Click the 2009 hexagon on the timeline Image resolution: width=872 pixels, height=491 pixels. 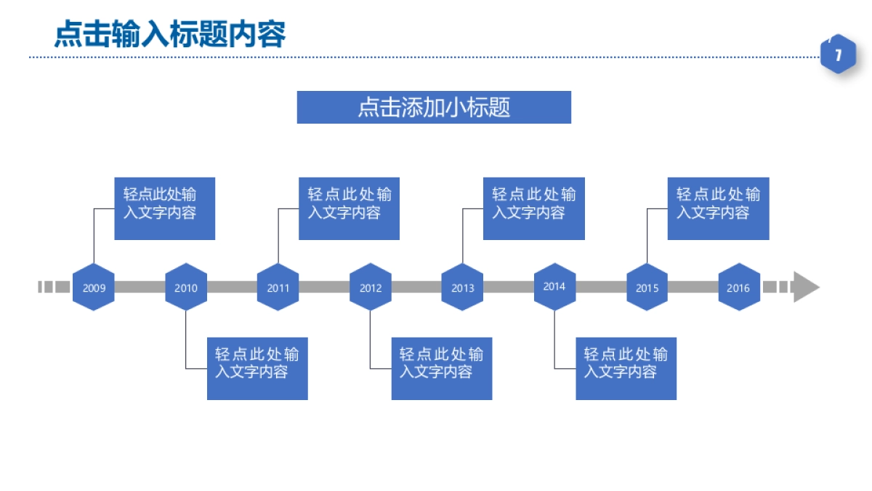coord(94,287)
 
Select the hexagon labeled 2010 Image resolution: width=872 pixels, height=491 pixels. coord(186,287)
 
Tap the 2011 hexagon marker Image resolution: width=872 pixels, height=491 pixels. coord(278,287)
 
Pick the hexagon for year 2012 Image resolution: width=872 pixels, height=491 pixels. coord(371,287)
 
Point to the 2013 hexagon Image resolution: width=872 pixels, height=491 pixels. coord(463,287)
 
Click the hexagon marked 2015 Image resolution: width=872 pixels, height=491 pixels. coord(647,287)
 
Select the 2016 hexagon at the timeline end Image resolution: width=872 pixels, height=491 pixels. coord(739,287)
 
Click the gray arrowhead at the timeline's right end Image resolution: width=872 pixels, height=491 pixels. coord(806,287)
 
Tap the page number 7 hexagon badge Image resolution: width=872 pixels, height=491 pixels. coord(839,55)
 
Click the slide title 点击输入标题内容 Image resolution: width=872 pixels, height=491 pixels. coord(170,33)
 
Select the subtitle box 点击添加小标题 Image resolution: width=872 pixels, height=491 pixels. coord(434,108)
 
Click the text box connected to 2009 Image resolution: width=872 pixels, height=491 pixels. coord(165,208)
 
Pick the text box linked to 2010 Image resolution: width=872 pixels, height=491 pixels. coord(257,368)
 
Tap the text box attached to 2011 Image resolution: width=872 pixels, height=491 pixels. coord(350,208)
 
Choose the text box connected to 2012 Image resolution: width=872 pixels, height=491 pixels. coord(442,368)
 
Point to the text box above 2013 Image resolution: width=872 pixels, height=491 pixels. coord(534,208)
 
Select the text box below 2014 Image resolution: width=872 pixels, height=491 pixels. coord(626,368)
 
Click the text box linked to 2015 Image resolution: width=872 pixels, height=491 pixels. coord(719,208)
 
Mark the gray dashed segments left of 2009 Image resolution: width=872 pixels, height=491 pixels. coord(54,287)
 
